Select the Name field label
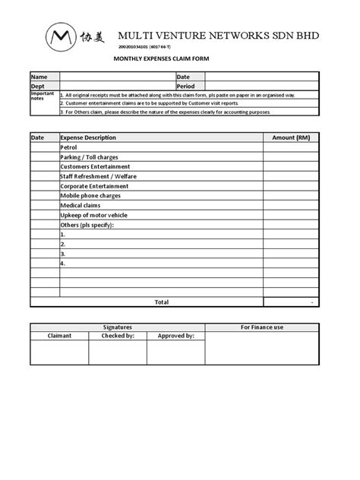click(x=39, y=77)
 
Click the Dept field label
click(x=38, y=87)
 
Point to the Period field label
click(x=187, y=87)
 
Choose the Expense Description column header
click(x=88, y=137)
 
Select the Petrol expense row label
click(x=69, y=147)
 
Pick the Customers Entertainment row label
click(x=95, y=166)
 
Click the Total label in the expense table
click(x=161, y=302)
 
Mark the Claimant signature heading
click(x=59, y=335)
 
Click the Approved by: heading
click(x=175, y=335)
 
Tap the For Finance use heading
click(x=262, y=327)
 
